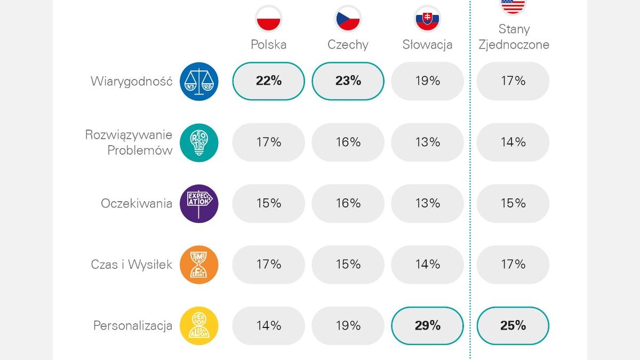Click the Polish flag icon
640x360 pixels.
(x=269, y=19)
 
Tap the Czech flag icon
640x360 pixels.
(x=348, y=19)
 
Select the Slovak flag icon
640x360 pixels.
(x=427, y=19)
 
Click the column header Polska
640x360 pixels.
(x=269, y=44)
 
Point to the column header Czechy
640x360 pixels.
(x=348, y=44)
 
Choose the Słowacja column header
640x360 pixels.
(x=427, y=44)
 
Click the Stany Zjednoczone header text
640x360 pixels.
(x=514, y=37)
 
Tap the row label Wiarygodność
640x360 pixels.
(x=132, y=81)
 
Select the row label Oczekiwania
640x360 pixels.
(x=137, y=203)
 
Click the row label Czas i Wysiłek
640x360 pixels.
(x=132, y=265)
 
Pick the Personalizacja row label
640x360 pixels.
(x=133, y=325)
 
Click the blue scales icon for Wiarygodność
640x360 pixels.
(x=199, y=81)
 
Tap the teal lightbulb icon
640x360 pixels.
(x=199, y=142)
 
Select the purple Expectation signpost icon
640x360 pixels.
(x=199, y=203)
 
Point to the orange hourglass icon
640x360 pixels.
(x=199, y=265)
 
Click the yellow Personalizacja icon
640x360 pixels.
(x=199, y=325)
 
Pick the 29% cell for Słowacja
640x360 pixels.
(x=427, y=325)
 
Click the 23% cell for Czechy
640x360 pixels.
(x=348, y=81)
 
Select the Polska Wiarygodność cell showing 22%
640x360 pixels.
(x=269, y=81)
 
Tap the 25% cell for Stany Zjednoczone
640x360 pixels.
(x=513, y=325)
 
